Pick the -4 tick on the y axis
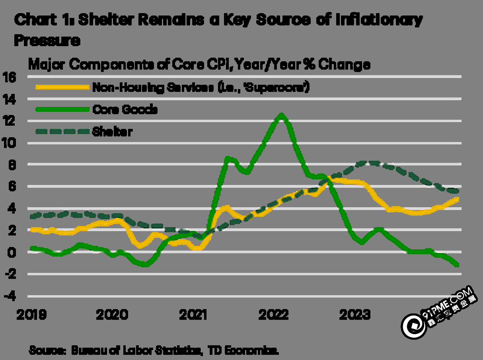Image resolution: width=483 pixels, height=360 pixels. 10,296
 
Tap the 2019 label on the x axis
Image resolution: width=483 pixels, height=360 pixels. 31,315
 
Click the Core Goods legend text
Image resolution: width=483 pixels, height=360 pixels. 125,109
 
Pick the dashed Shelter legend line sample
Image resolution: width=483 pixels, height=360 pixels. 61,132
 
